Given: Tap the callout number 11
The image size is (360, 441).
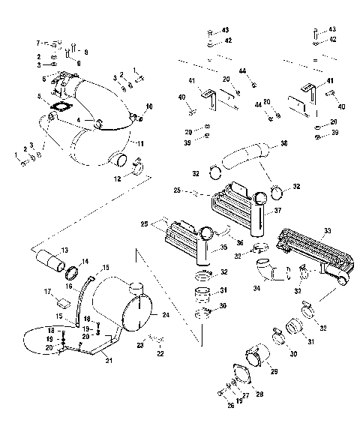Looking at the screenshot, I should pyautogui.click(x=140, y=141).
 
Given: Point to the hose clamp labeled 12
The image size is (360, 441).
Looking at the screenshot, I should pyautogui.click(x=137, y=163).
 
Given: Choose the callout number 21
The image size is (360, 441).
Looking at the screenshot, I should pyautogui.click(x=109, y=361).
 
